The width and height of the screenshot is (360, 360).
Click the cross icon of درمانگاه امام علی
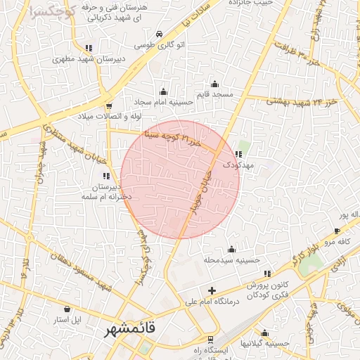pos(212,290)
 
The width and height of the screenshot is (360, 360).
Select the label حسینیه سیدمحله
pos(232,260)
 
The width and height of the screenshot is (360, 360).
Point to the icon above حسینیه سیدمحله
pos(231,249)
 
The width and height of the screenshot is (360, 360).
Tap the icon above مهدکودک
pos(239,154)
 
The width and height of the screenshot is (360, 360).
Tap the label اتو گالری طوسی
pos(160,45)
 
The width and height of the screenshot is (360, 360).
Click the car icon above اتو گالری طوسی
pos(160,34)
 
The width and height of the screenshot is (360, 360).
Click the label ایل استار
pos(67,320)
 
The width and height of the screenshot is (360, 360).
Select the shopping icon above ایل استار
pos(67,309)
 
